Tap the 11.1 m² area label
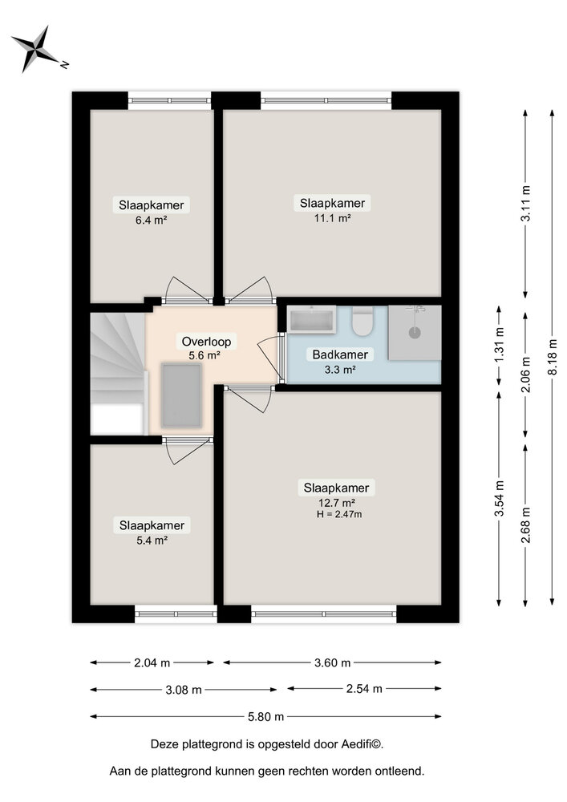(332, 217)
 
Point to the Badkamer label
(340, 354)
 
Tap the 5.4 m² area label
(151, 541)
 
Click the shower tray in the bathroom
(415, 331)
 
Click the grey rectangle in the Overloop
(181, 395)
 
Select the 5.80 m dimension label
(265, 716)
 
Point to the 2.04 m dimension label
(152, 662)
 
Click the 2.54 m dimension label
(364, 689)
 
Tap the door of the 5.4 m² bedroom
(187, 451)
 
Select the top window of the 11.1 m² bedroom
(326, 101)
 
